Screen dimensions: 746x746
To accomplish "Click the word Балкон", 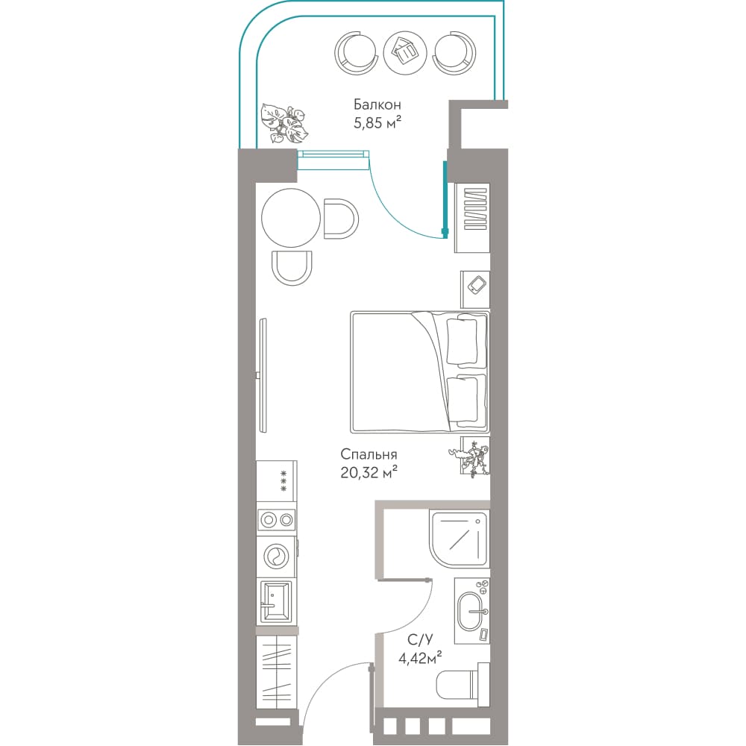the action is click(377, 104).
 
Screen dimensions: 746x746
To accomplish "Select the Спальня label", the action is click(369, 454).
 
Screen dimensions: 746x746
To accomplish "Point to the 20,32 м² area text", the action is click(369, 472).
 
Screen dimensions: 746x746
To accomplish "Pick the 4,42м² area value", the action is click(420, 658).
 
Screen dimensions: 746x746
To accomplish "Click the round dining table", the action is click(291, 218).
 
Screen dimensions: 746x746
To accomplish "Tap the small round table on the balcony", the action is click(405, 52).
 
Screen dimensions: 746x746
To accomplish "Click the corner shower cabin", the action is click(459, 539).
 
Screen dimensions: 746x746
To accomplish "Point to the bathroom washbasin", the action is click(472, 612).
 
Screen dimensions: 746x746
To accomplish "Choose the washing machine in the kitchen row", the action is click(276, 557).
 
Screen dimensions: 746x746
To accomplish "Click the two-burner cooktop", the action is click(276, 520).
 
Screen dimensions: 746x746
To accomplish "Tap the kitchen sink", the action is click(275, 601).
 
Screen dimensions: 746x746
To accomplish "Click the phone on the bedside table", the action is click(477, 285).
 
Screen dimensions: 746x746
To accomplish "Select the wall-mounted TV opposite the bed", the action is click(263, 375).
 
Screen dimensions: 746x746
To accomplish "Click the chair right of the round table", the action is click(341, 219).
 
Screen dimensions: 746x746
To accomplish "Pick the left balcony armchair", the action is click(357, 52).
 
